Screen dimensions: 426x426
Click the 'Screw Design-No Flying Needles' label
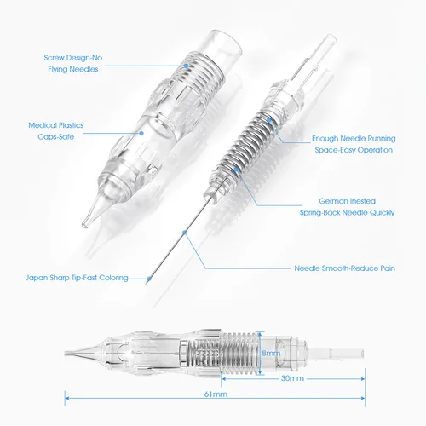pyautogui.click(x=76, y=63)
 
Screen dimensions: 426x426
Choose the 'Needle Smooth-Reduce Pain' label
pyautogui.click(x=349, y=267)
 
